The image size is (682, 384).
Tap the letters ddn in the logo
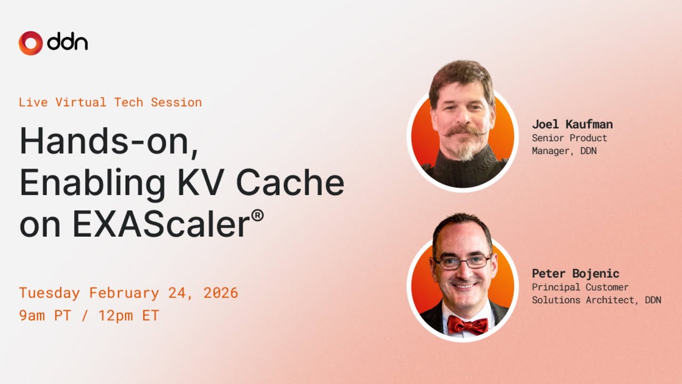pyautogui.click(x=68, y=42)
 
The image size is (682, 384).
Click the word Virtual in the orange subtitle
pyautogui.click(x=81, y=102)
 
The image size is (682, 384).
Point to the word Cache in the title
pyautogui.click(x=290, y=183)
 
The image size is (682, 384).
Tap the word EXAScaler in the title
pyautogui.click(x=161, y=225)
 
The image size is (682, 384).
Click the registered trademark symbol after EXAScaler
pyautogui.click(x=257, y=215)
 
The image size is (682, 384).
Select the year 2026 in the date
pyautogui.click(x=221, y=293)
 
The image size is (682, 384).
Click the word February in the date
pyautogui.click(x=124, y=293)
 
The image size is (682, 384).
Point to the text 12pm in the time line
pyautogui.click(x=116, y=316)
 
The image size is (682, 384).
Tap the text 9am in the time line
pyautogui.click(x=32, y=315)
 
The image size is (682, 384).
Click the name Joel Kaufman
pyautogui.click(x=572, y=124)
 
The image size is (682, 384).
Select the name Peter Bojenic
pyautogui.click(x=575, y=274)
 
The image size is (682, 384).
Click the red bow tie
pyautogui.click(x=467, y=325)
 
